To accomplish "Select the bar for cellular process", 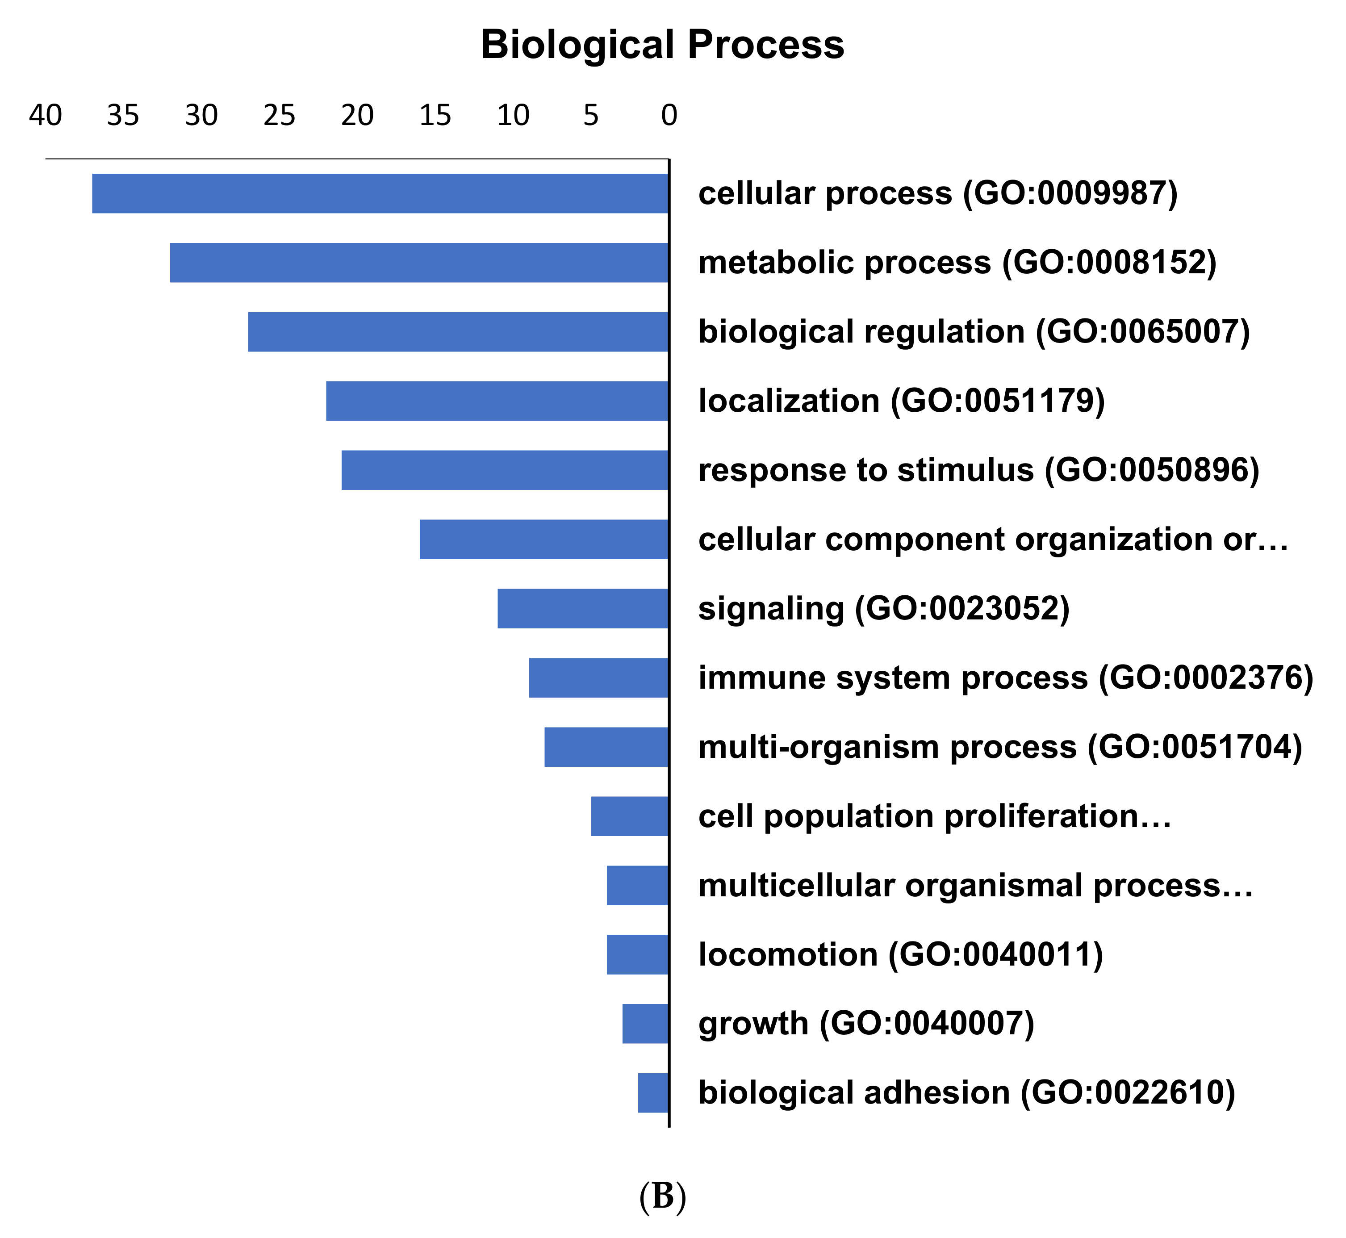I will pyautogui.click(x=380, y=194).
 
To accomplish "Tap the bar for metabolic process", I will pyautogui.click(x=419, y=263).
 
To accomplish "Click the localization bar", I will pyautogui.click(x=497, y=401).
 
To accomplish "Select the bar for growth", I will pyautogui.click(x=645, y=1024).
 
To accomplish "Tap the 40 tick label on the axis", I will pyautogui.click(x=46, y=116).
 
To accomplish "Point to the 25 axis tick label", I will pyautogui.click(x=280, y=116).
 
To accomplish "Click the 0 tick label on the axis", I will pyautogui.click(x=669, y=116).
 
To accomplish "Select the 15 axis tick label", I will pyautogui.click(x=435, y=116).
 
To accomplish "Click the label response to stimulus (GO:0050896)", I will pyautogui.click(x=978, y=470).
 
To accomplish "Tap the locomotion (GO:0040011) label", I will pyautogui.click(x=900, y=955).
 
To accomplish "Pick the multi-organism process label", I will pyautogui.click(x=999, y=747).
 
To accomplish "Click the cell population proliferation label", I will pyautogui.click(x=935, y=816).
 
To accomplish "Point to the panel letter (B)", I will pyautogui.click(x=662, y=1196).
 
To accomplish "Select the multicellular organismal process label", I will pyautogui.click(x=975, y=886).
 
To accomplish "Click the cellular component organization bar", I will pyautogui.click(x=544, y=540).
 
